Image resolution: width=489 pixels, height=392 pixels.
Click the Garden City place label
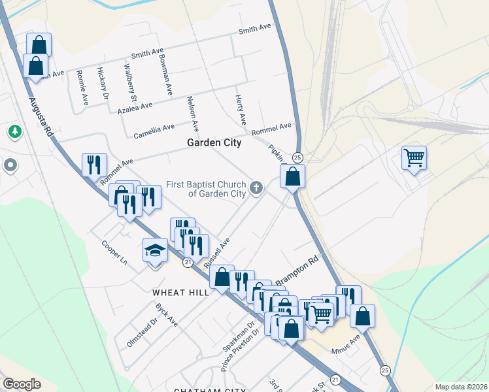click(214, 142)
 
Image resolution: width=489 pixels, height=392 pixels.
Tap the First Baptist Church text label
click(205, 189)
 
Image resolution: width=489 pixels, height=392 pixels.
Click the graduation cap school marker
click(155, 250)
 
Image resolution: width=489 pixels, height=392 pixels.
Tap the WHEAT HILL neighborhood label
click(181, 293)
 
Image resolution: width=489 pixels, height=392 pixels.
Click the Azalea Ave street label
click(135, 105)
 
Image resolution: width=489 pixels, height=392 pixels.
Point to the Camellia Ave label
click(154, 131)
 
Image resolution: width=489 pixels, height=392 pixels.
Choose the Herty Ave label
click(240, 110)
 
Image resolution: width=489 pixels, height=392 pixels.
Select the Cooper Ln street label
click(114, 253)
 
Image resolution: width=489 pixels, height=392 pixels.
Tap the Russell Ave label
click(217, 253)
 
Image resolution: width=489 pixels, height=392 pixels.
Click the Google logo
click(22, 384)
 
